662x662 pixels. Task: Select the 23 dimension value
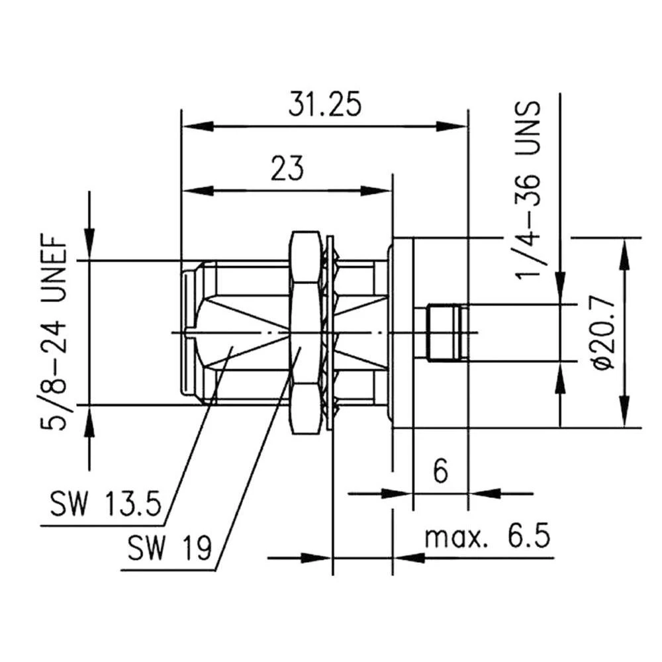286,168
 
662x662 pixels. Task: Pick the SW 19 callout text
169,547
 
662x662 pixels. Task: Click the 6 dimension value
440,472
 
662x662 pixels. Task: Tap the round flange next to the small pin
401,332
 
